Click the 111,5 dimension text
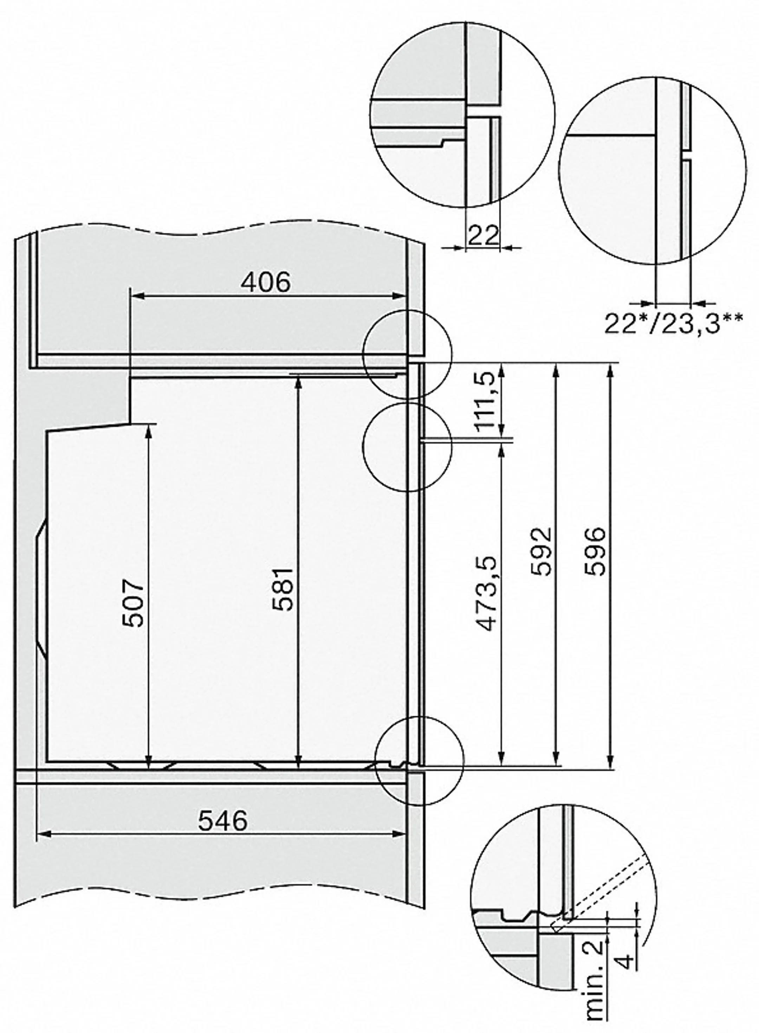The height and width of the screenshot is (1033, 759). click(486, 400)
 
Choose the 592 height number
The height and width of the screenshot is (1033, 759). click(540, 551)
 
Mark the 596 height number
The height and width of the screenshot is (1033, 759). click(596, 551)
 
